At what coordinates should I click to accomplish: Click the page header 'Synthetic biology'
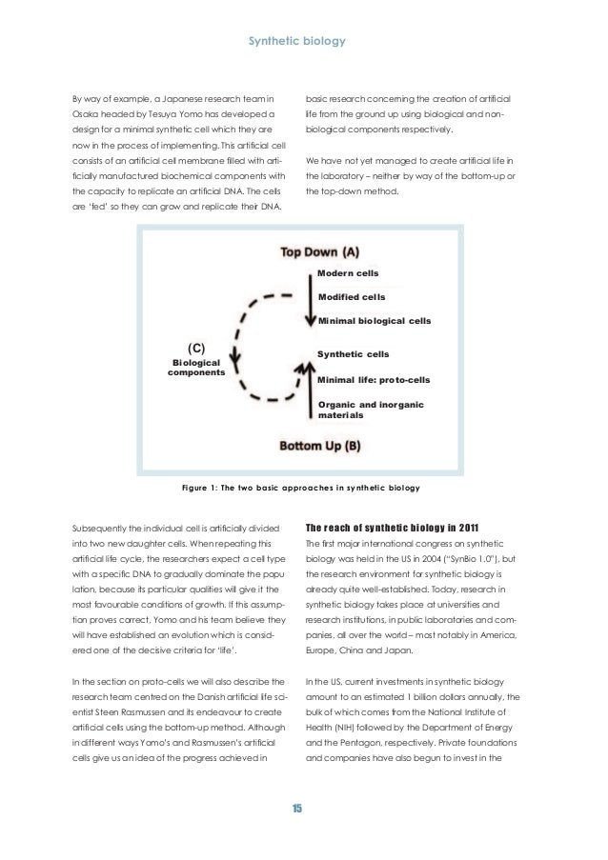(303, 42)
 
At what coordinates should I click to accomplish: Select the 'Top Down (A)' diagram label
(319, 251)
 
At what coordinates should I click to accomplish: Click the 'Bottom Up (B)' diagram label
(319, 445)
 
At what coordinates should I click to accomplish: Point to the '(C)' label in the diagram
(196, 347)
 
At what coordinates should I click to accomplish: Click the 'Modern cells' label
(348, 273)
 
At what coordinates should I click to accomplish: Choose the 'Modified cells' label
(351, 297)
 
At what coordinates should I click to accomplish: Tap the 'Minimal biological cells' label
(374, 321)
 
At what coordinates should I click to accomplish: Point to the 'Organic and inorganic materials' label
(370, 410)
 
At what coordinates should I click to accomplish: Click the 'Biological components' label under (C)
(196, 368)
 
